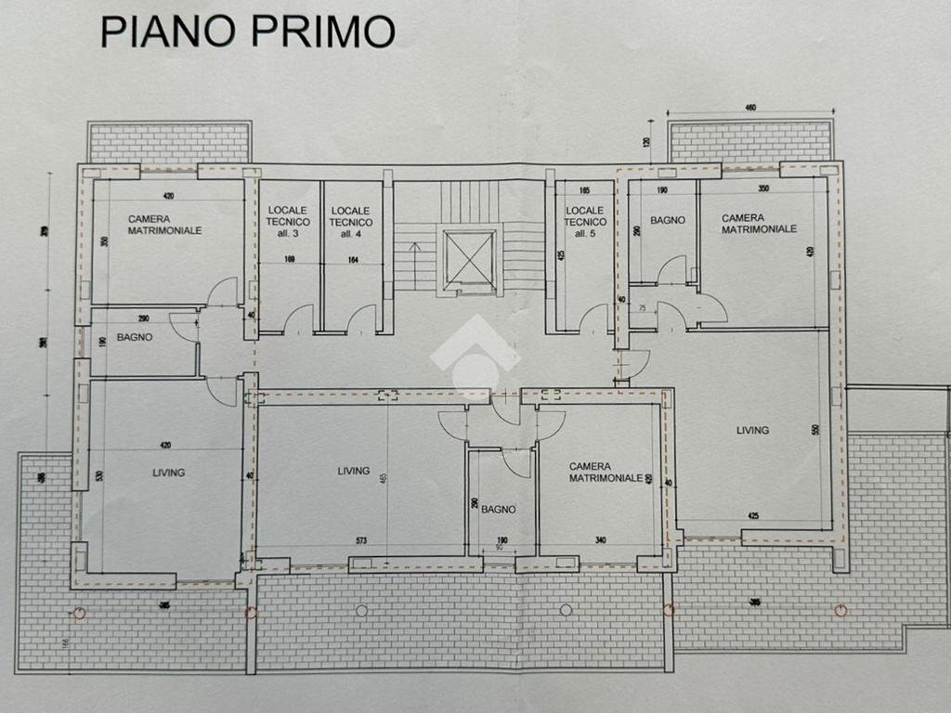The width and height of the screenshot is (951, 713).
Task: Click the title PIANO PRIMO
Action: [x=247, y=31]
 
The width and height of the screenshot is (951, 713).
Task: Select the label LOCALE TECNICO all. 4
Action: [x=351, y=222]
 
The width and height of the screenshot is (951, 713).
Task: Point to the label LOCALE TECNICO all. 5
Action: [x=585, y=222]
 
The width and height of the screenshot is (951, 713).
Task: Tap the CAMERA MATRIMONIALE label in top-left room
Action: [x=164, y=224]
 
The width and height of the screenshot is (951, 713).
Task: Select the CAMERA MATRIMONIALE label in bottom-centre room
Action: [x=606, y=472]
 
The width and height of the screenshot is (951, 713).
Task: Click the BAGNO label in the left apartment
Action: [x=135, y=337]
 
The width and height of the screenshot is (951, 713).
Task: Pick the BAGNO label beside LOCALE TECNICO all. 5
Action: [x=668, y=220]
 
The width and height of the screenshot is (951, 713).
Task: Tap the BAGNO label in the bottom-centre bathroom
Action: [x=499, y=509]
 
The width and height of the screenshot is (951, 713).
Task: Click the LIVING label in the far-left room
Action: [x=168, y=473]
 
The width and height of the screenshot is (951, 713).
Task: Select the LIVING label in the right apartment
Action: [x=752, y=430]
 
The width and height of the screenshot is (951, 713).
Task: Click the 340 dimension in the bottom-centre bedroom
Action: [x=600, y=540]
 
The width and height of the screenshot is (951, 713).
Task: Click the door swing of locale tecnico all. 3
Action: [x=298, y=319]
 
